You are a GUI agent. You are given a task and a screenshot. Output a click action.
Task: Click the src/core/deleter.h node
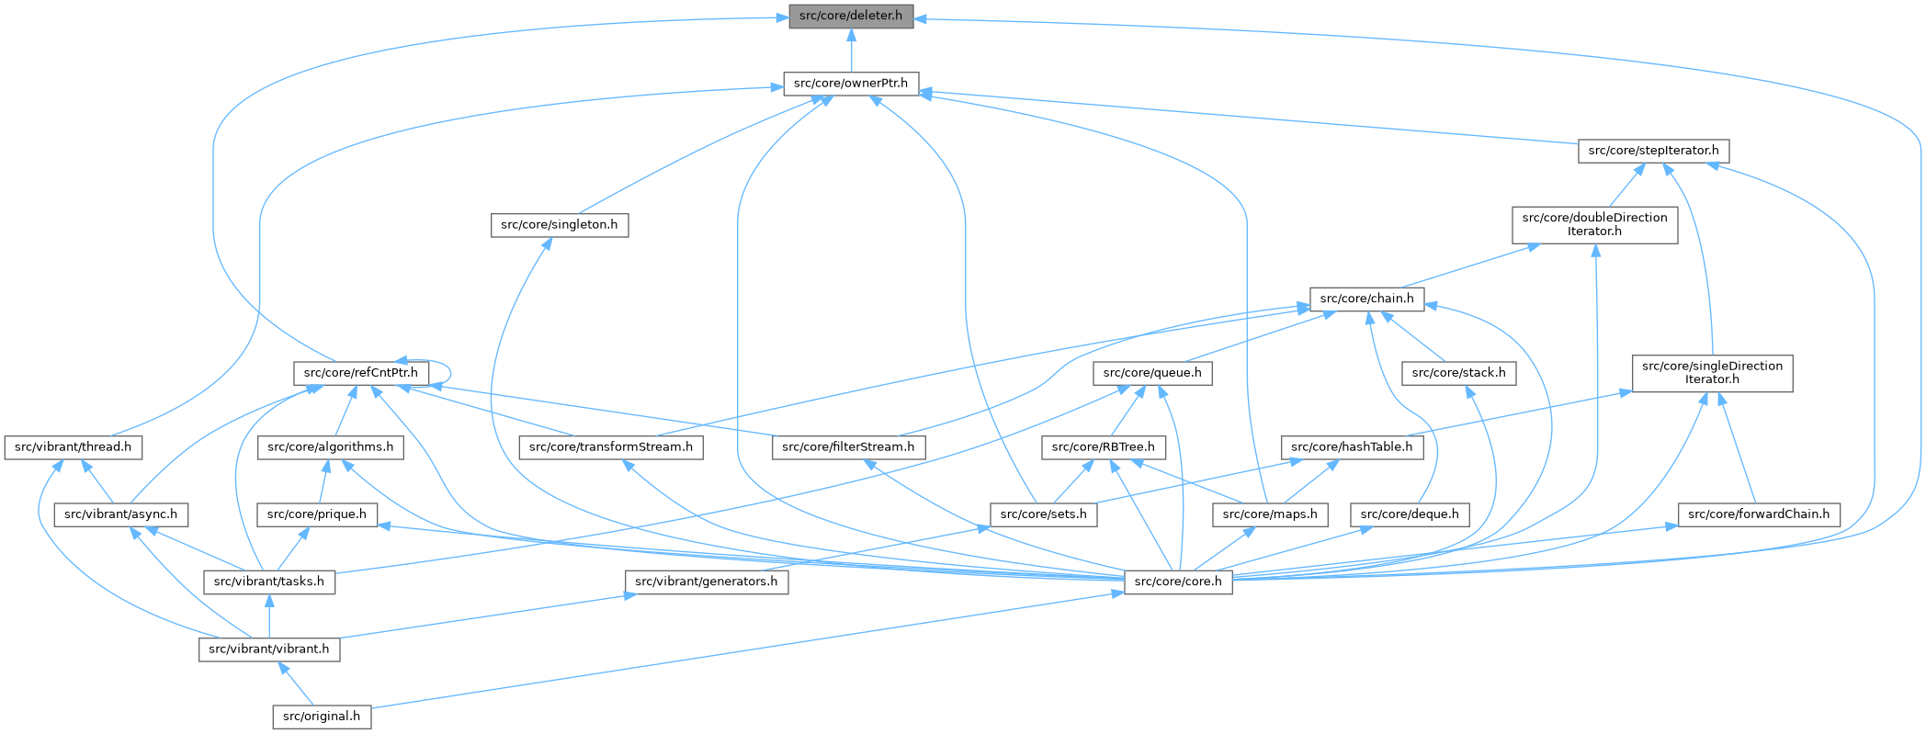pos(850,17)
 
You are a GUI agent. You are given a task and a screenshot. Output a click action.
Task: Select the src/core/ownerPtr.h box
pos(850,84)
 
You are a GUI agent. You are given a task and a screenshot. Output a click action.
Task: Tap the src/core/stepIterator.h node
pos(1653,151)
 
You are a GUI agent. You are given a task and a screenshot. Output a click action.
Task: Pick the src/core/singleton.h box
pos(559,225)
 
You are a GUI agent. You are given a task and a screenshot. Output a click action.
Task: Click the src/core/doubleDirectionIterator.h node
pos(1594,225)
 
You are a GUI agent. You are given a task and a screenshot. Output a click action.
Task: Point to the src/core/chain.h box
pos(1366,299)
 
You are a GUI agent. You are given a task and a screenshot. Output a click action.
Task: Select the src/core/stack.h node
pos(1458,373)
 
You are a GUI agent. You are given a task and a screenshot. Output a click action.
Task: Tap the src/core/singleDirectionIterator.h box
pos(1712,373)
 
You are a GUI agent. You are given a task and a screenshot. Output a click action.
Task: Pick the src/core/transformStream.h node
pos(611,448)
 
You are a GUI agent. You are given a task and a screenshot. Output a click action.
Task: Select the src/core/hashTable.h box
pos(1352,448)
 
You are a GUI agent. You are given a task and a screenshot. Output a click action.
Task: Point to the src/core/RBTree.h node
pos(1103,448)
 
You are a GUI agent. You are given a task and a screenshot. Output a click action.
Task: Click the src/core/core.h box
pos(1178,582)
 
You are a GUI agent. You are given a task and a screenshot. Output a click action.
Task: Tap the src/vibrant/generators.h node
pos(707,582)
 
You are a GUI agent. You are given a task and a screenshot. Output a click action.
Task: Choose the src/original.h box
pos(322,717)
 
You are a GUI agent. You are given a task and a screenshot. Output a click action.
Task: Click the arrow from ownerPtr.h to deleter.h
pos(852,51)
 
